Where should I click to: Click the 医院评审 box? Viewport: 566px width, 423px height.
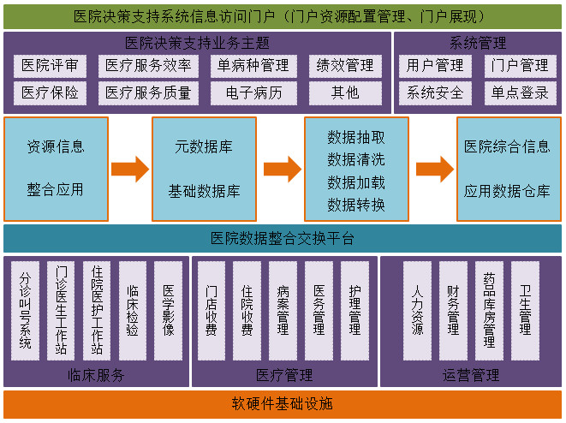50,66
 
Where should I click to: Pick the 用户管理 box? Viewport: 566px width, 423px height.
435,66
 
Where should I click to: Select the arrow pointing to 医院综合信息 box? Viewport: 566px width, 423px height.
434,169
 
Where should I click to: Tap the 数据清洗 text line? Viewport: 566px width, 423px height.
356,159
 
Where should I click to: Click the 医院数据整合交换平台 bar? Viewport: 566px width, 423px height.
283,239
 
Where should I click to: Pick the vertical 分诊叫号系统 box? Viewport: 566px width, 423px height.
26,310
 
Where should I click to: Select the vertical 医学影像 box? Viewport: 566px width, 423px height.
168,310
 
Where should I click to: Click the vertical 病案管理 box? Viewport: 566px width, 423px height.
283,310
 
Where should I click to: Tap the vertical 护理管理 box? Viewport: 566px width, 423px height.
354,310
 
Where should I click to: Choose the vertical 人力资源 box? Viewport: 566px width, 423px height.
417,310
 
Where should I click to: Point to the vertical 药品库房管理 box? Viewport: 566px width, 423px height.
489,310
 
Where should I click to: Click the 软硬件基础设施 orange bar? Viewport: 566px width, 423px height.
283,404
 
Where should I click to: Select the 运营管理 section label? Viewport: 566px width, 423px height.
471,375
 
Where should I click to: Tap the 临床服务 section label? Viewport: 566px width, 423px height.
96,375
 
